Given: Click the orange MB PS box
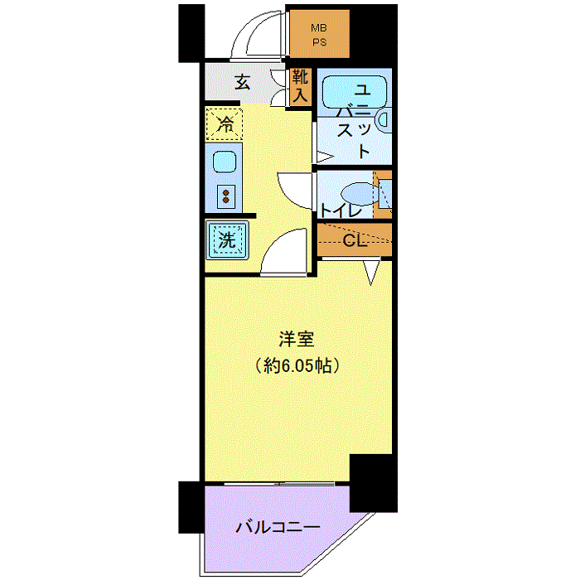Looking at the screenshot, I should (x=318, y=32).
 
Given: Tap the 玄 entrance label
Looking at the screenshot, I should (x=242, y=82).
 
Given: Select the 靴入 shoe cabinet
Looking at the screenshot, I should (x=299, y=86).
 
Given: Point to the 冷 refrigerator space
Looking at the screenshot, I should (x=225, y=124).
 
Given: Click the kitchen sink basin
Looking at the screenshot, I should (x=225, y=162).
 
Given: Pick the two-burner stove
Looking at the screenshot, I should (x=225, y=196).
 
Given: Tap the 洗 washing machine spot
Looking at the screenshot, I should (x=226, y=240).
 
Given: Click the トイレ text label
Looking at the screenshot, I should (x=341, y=210).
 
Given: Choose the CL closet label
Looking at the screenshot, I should (x=355, y=241).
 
